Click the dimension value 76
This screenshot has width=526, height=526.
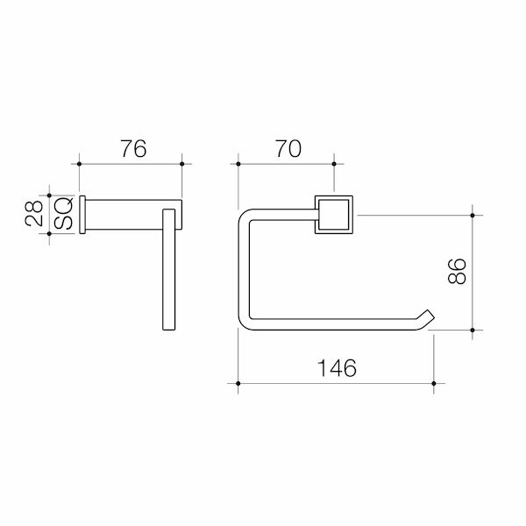point(132,149)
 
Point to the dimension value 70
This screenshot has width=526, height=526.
point(286,149)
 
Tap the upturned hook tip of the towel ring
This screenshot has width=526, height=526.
point(427,316)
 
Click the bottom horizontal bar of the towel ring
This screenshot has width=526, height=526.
point(333,325)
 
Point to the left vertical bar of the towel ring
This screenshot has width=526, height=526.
point(243,272)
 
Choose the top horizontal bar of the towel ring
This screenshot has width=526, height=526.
point(281,215)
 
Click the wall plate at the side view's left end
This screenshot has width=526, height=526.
point(83,216)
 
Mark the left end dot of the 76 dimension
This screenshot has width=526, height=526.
point(81,163)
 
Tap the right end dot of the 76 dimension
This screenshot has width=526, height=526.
point(181,163)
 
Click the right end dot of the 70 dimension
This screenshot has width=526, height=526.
point(333,163)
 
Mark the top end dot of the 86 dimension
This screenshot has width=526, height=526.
point(473,215)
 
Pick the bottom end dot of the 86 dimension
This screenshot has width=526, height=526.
point(473,330)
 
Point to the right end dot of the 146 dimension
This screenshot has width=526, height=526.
point(434,382)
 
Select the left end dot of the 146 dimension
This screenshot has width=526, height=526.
point(238,382)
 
